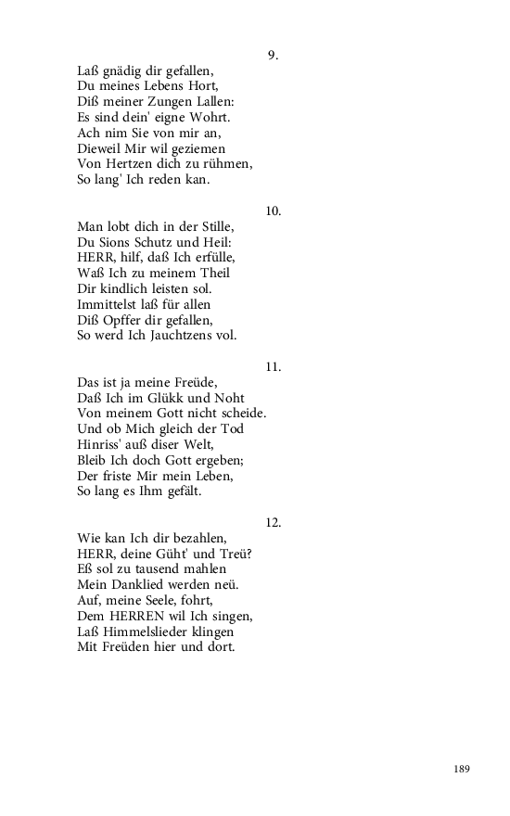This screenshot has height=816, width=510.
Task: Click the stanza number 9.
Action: pos(273,56)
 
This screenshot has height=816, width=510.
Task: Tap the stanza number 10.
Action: pos(273,211)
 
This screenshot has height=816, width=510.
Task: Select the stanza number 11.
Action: pos(273,367)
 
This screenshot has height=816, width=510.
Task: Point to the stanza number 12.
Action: pos(273,523)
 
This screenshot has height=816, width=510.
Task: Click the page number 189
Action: pos(462,769)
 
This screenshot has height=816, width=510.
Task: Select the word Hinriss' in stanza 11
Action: pos(101,444)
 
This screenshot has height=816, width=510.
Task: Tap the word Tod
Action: pos(231,429)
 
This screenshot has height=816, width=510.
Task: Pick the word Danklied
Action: pos(138,585)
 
